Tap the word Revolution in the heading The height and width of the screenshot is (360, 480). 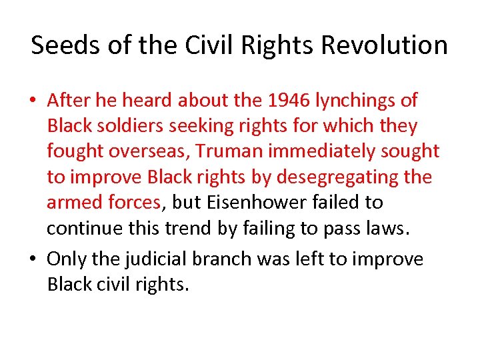[x=384, y=45]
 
